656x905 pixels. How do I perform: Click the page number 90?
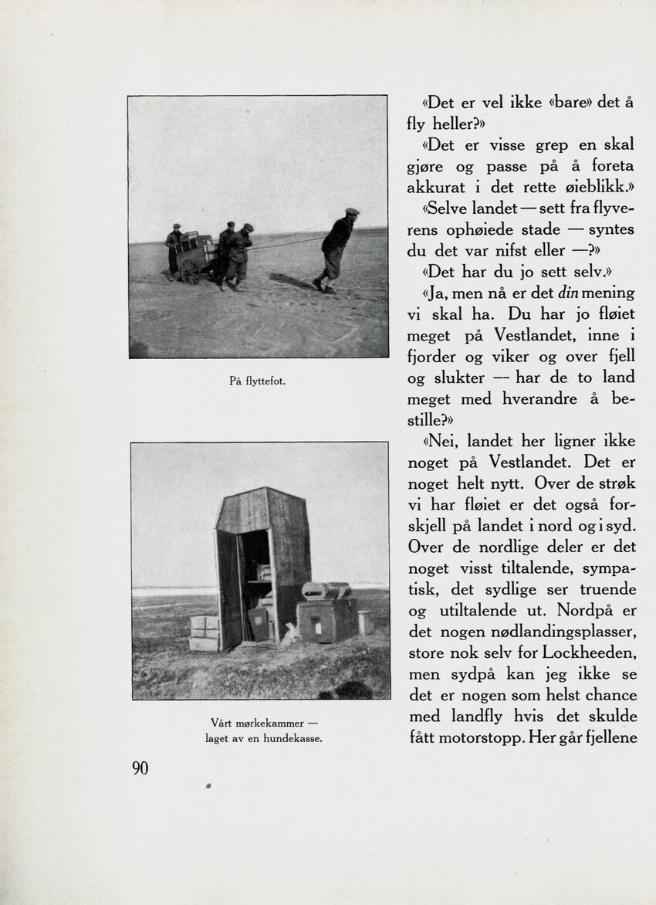pyautogui.click(x=140, y=768)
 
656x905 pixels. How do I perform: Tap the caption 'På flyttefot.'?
pyautogui.click(x=258, y=381)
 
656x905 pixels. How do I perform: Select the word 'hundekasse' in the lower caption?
pyautogui.click(x=289, y=739)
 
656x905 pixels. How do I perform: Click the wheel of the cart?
pyautogui.click(x=190, y=271)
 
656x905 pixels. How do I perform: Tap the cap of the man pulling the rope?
pyautogui.click(x=352, y=212)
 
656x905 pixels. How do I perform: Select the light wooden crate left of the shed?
pyautogui.click(x=204, y=632)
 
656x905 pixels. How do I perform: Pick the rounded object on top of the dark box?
pyautogui.click(x=326, y=591)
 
